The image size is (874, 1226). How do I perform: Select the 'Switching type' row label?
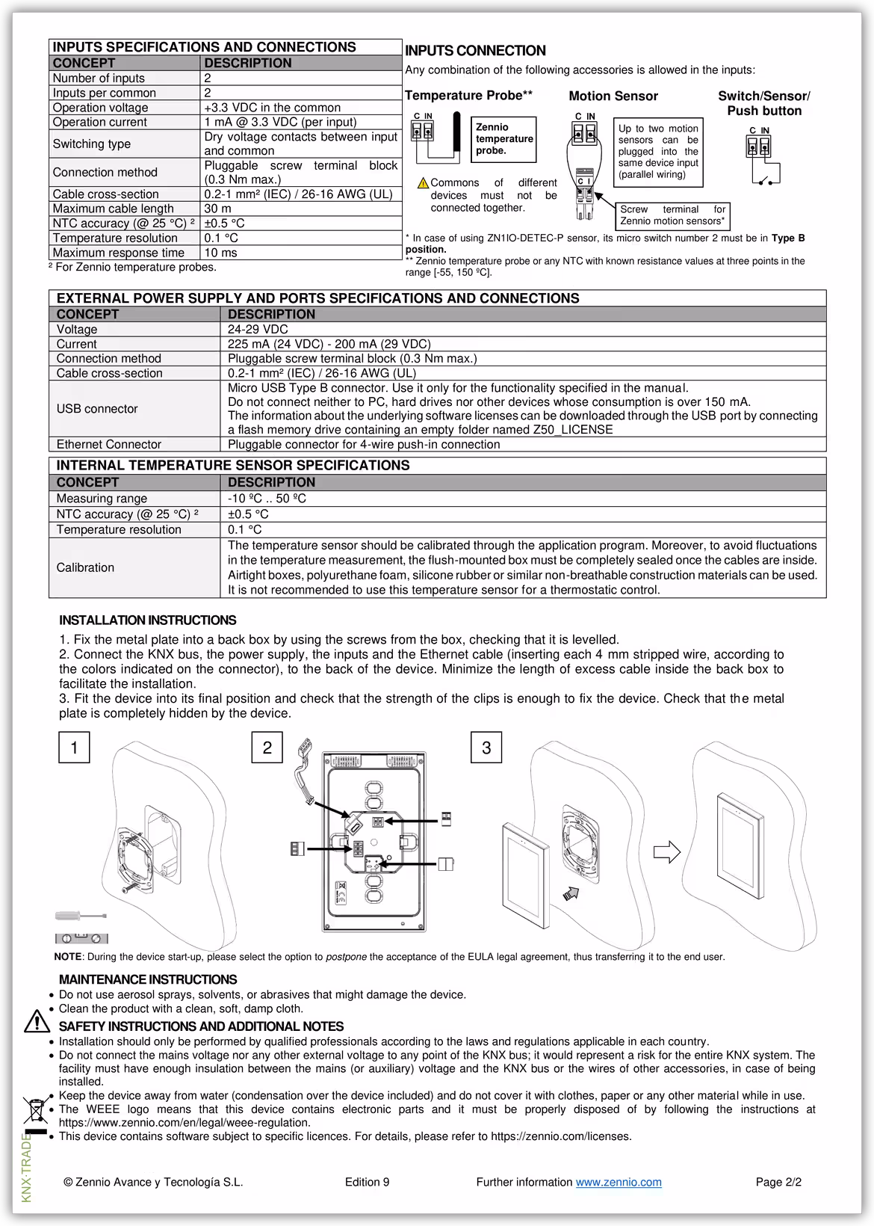pyautogui.click(x=91, y=144)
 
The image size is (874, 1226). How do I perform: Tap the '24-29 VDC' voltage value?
pyautogui.click(x=258, y=329)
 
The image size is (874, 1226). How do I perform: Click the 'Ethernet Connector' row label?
pyautogui.click(x=109, y=444)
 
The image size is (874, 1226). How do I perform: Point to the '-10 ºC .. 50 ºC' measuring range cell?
pyautogui.click(x=267, y=498)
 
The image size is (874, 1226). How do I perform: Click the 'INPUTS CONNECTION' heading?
pyautogui.click(x=475, y=51)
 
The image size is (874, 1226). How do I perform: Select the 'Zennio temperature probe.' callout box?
pyautogui.click(x=503, y=139)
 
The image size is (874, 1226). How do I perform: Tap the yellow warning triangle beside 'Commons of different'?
pyautogui.click(x=423, y=183)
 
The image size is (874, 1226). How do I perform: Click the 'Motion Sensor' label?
pyautogui.click(x=613, y=96)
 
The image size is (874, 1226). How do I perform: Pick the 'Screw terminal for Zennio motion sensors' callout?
pyautogui.click(x=672, y=215)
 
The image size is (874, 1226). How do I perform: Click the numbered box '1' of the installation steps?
pyautogui.click(x=74, y=748)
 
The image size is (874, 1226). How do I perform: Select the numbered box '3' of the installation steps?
pyautogui.click(x=486, y=748)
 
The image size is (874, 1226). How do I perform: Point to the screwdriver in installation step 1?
pyautogui.click(x=81, y=916)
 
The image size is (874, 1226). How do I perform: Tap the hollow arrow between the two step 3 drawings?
pyautogui.click(x=666, y=851)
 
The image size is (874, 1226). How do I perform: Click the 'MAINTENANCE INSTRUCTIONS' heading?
pyautogui.click(x=148, y=979)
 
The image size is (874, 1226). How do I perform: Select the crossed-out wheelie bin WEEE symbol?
pyautogui.click(x=35, y=1109)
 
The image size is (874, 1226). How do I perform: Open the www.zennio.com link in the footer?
pyautogui.click(x=618, y=1182)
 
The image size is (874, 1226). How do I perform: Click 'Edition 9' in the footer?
pyautogui.click(x=367, y=1182)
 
